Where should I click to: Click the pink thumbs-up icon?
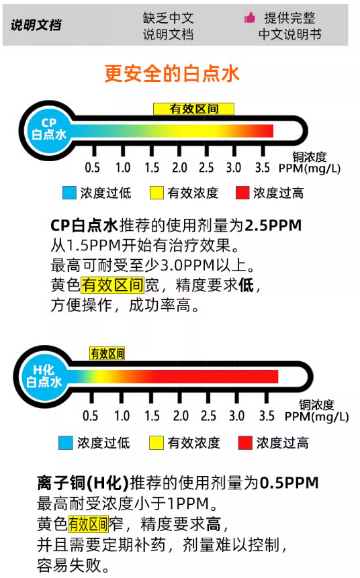(250, 17)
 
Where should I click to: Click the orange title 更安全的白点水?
(172, 73)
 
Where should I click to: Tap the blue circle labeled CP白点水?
(48, 130)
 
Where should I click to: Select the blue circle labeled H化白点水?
(44, 376)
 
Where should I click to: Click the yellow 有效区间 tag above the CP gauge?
(193, 109)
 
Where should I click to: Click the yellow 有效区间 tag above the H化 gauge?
(107, 354)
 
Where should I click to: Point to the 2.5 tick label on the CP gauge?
(206, 168)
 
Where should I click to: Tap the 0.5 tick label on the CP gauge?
(92, 168)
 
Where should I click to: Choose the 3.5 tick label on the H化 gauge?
(267, 416)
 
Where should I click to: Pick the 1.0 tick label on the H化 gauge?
(122, 416)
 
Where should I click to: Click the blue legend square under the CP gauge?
(69, 193)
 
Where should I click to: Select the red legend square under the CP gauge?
(242, 193)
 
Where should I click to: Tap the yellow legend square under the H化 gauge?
(156, 442)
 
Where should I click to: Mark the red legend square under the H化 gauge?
(245, 442)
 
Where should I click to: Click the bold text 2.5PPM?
(273, 226)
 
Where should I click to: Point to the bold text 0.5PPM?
(289, 483)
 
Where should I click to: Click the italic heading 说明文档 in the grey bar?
(36, 25)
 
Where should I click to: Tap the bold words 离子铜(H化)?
(83, 483)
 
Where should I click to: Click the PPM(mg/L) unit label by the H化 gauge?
(316, 417)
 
